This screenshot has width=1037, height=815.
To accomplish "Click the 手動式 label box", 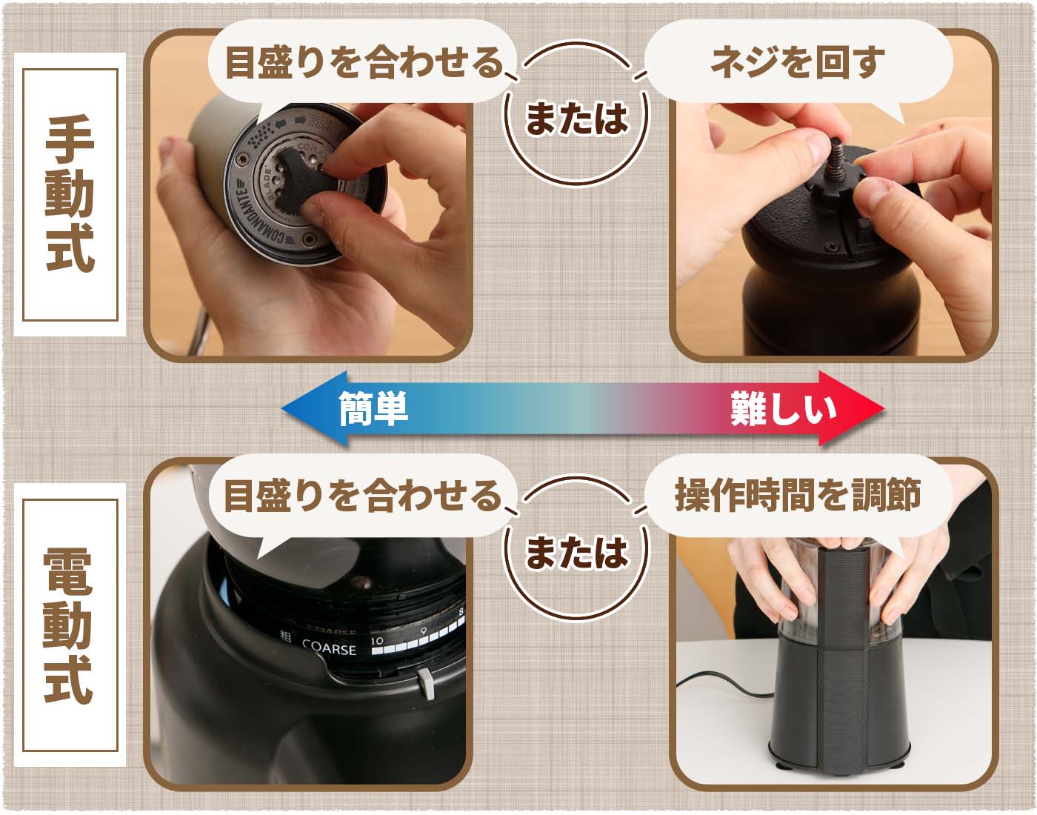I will pyautogui.click(x=70, y=194).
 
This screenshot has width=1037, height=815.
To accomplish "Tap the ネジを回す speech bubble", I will pyautogui.click(x=797, y=62).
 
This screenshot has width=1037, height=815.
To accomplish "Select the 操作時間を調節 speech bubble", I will pyautogui.click(x=797, y=495).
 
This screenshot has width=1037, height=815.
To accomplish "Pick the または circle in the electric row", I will pyautogui.click(x=576, y=552).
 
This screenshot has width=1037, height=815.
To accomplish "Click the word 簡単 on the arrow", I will pyautogui.click(x=373, y=408).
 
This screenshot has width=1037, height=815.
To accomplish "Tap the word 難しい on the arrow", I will pyautogui.click(x=783, y=408).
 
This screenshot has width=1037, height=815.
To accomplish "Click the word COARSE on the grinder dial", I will pyautogui.click(x=329, y=648).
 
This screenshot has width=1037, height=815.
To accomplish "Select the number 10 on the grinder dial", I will pyautogui.click(x=377, y=640).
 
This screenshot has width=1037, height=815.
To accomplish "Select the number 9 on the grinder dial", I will pyautogui.click(x=424, y=632).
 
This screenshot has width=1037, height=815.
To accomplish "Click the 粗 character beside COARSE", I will pyautogui.click(x=285, y=636).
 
